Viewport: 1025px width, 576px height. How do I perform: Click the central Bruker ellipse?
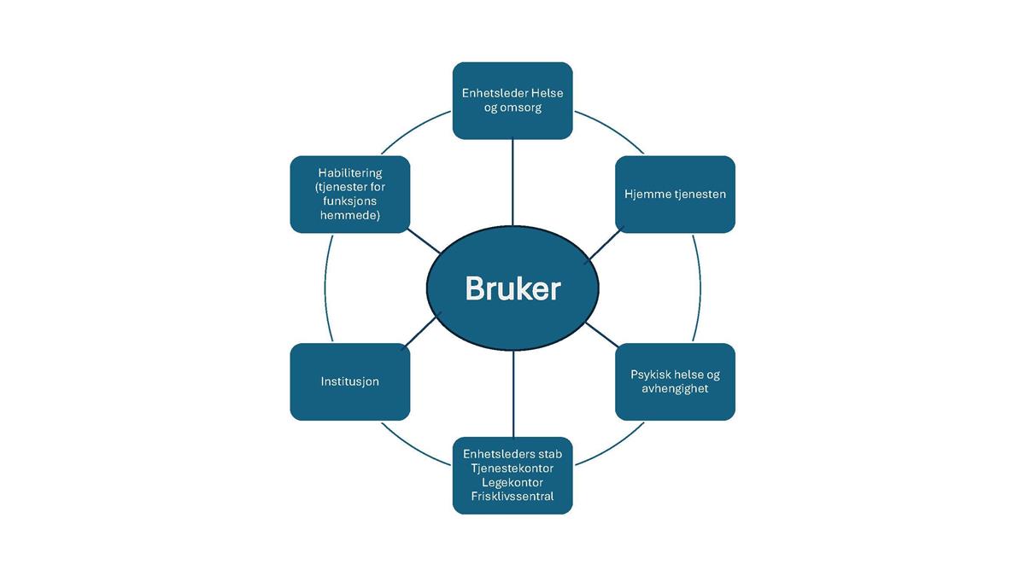(x=512, y=288)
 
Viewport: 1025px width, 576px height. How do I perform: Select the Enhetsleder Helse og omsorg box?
(x=512, y=101)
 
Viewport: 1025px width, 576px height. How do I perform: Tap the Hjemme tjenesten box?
(x=675, y=195)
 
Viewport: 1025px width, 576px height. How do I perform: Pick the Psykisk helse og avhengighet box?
(x=675, y=381)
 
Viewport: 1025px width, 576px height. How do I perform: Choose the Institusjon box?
(x=349, y=381)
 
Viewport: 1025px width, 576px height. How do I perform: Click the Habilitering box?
(x=349, y=195)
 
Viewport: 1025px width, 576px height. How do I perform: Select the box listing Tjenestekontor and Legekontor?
(x=512, y=475)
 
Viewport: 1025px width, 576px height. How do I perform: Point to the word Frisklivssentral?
(x=512, y=497)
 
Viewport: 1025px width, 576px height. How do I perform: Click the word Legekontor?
(x=512, y=483)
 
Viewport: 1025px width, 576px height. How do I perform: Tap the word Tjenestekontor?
(x=512, y=468)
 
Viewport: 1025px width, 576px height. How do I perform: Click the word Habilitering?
(x=349, y=172)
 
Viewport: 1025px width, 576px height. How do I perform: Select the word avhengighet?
(x=675, y=389)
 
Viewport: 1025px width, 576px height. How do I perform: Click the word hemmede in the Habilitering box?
(x=349, y=216)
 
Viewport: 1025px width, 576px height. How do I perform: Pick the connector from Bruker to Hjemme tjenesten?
(x=605, y=246)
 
